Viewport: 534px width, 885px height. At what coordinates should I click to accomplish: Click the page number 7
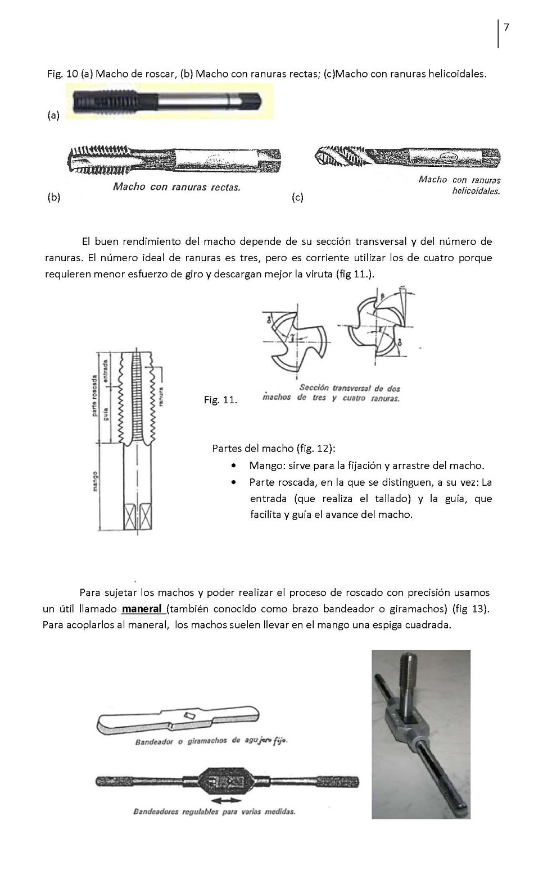tap(506, 28)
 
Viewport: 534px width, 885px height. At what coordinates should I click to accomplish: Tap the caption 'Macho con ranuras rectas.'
tap(177, 187)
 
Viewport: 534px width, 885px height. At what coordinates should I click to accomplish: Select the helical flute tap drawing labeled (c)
tap(407, 157)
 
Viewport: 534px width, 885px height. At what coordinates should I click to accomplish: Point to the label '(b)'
tap(54, 198)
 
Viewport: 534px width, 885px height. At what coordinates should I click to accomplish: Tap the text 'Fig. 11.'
tap(220, 400)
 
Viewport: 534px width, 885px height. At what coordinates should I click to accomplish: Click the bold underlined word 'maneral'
tap(142, 609)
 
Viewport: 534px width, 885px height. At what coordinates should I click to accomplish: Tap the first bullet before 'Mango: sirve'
tap(233, 466)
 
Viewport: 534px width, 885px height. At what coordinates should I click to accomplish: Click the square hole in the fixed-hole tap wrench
tap(189, 715)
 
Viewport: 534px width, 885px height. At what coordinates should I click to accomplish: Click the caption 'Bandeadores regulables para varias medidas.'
tap(214, 811)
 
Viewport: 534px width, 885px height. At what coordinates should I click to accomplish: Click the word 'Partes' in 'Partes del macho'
tap(227, 448)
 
